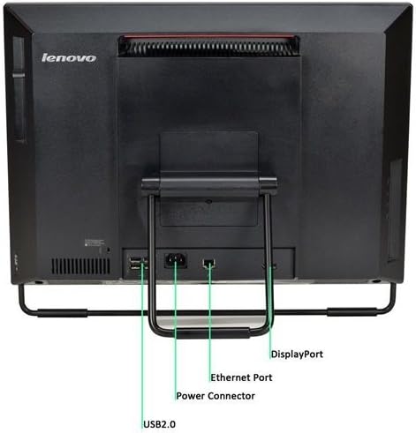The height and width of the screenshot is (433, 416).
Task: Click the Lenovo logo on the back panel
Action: pos(69,58)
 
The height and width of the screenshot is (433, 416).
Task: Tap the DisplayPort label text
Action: pos(297,355)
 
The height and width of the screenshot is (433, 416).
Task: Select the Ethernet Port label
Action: pos(241,377)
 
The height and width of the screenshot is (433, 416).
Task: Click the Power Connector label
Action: pos(216,396)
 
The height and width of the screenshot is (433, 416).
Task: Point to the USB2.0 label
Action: pos(159,424)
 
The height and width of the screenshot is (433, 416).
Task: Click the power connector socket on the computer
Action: pos(176,260)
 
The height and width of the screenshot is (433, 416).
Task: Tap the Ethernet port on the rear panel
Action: pos(208,263)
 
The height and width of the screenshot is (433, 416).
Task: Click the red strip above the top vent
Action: pos(209,37)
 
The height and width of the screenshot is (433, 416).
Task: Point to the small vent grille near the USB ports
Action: pos(80,266)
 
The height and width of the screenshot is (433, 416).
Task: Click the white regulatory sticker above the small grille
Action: pos(95,243)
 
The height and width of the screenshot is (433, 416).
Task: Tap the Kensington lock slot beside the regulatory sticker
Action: pos(109,250)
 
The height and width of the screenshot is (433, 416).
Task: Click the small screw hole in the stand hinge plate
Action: pos(208,202)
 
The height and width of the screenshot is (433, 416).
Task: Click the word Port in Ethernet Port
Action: pos(261,377)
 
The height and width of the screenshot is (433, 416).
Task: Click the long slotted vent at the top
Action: pos(209,47)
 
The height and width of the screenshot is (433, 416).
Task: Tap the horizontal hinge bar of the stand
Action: pos(209,184)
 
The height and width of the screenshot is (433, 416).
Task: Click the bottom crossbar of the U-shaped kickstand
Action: pos(209,332)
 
